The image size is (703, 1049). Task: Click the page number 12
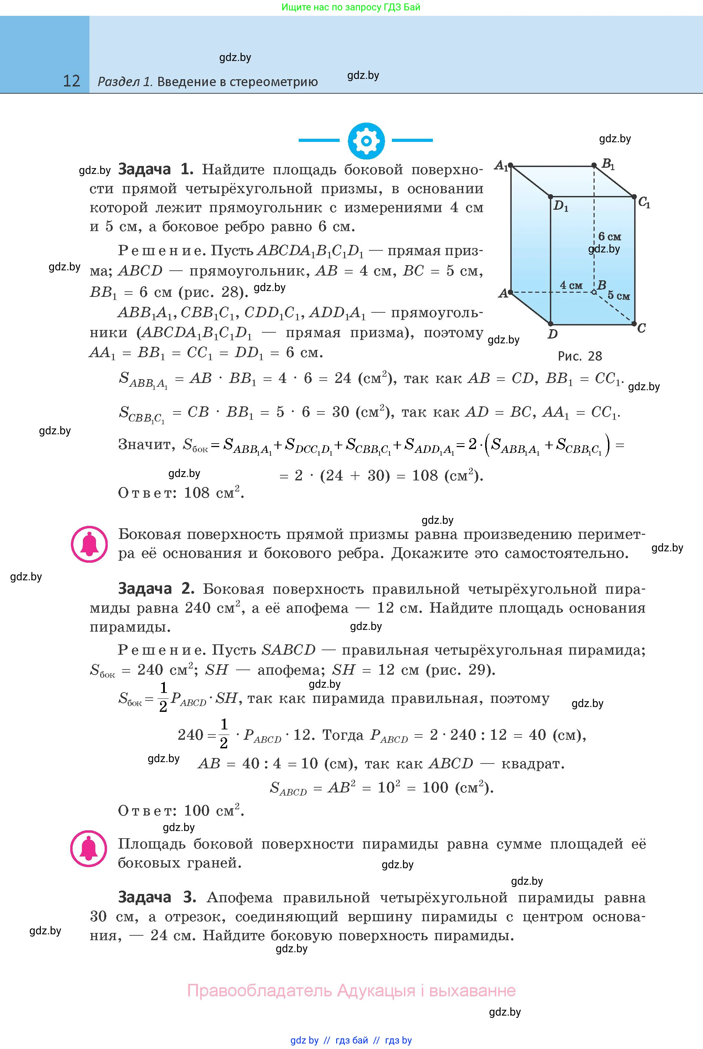tap(71, 81)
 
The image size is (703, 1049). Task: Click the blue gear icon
tap(366, 141)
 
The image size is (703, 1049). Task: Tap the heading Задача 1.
tap(155, 169)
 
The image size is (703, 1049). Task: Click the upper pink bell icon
tap(89, 544)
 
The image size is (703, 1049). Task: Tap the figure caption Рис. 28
tap(580, 356)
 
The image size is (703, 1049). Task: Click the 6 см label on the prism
tap(609, 237)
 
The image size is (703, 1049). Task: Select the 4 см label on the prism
tap(571, 285)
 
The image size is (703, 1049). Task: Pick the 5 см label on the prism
tap(618, 296)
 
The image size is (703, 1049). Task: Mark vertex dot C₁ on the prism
tap(634, 197)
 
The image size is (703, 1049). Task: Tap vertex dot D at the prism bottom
tap(551, 323)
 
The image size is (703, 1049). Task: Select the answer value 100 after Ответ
tap(197, 810)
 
